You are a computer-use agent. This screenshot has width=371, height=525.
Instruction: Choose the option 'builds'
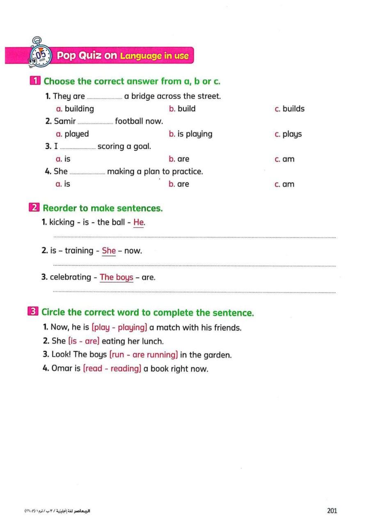coord(293,109)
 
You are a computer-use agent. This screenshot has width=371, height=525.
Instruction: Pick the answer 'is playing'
coord(195,134)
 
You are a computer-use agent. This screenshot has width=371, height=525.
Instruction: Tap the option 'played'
coord(76,134)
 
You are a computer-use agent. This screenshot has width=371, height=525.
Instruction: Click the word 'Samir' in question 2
coord(65,121)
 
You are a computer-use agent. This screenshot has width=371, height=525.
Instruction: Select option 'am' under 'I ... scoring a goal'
coord(288,159)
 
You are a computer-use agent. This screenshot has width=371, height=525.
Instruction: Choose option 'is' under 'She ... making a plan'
coord(67,184)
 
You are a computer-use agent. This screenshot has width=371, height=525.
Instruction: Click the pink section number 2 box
coord(34,208)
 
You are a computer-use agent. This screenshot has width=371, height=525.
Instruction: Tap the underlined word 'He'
coord(139,222)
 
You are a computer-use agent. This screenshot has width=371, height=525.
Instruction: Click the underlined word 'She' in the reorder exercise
coord(109,251)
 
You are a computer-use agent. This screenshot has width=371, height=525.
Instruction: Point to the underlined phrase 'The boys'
coord(117,277)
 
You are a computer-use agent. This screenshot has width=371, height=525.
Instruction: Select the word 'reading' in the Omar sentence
coord(124,369)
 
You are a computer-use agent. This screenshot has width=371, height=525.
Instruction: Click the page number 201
coord(332,511)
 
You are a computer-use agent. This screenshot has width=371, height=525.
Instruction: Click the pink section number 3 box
coord(34,312)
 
